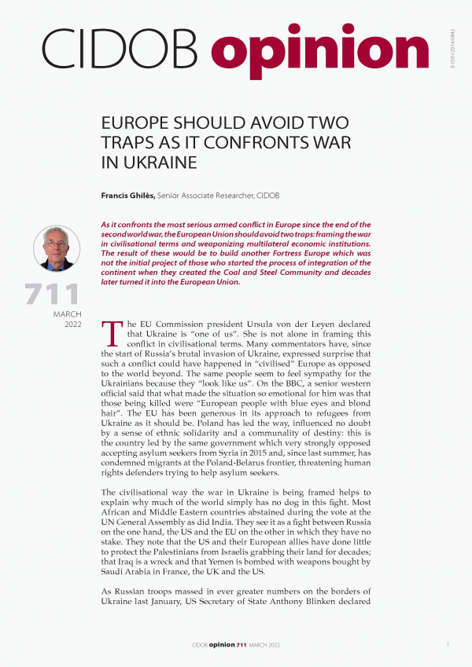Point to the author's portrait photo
(x=57, y=249)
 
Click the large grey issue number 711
(x=53, y=295)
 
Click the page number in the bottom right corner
(x=448, y=644)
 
